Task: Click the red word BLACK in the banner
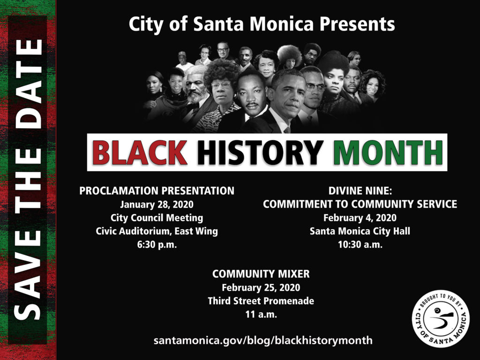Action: [140, 152]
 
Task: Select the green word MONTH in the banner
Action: [388, 152]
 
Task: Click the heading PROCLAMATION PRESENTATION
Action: [157, 191]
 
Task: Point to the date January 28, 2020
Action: [157, 204]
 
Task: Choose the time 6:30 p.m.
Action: [157, 245]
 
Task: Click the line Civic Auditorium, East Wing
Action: [157, 231]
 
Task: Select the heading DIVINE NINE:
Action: [360, 191]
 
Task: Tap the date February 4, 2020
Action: [360, 217]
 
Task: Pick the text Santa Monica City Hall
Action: [360, 231]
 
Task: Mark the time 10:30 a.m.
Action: [360, 245]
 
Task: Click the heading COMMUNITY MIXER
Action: [261, 274]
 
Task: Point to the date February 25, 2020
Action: [261, 287]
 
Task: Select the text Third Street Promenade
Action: [261, 301]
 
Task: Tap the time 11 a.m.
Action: [261, 315]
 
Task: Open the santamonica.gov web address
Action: [263, 340]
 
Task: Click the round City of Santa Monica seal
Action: [441, 319]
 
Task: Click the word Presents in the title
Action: [357, 24]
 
